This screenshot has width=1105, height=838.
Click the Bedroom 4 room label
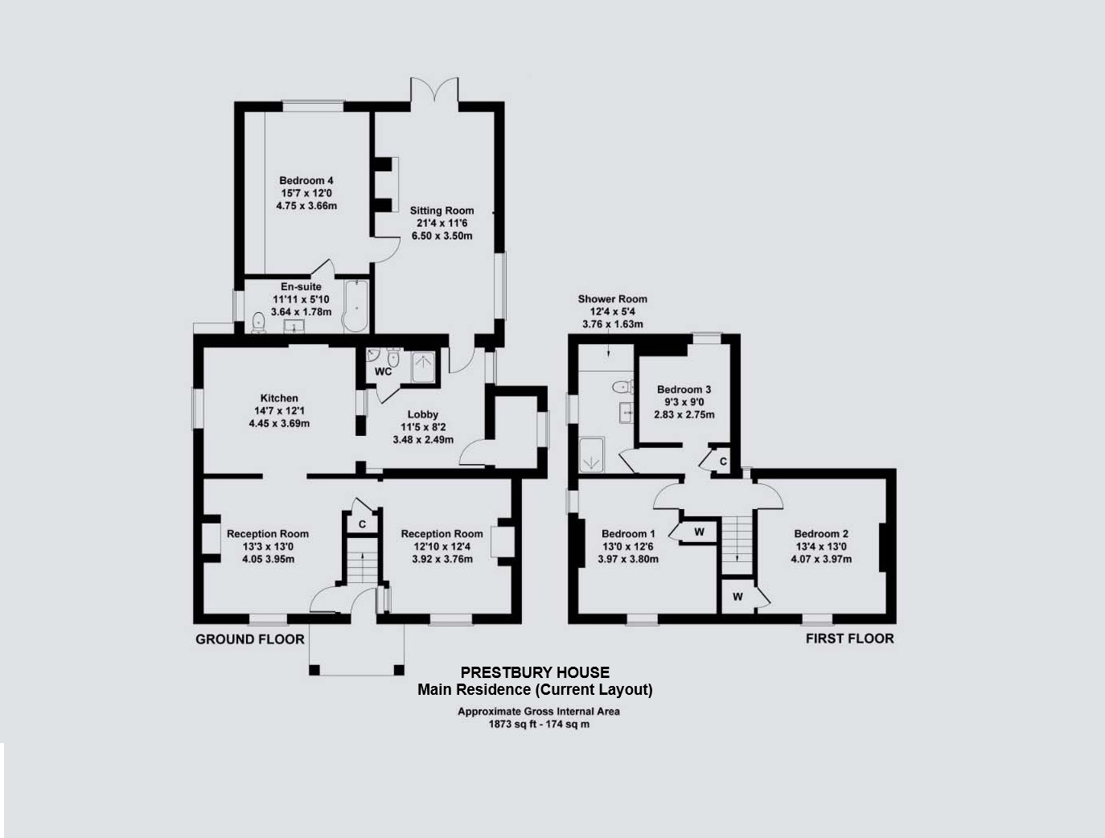(x=306, y=180)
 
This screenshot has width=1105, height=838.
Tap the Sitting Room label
(x=442, y=211)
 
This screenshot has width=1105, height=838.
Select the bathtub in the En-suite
(x=356, y=306)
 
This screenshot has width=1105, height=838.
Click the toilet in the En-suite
(x=258, y=322)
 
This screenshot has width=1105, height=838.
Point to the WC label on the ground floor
(x=383, y=372)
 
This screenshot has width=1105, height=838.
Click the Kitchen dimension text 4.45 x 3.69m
(x=279, y=423)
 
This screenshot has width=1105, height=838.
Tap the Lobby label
(x=423, y=414)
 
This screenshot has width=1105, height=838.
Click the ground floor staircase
(x=363, y=561)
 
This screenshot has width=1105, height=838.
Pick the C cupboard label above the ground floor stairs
(x=362, y=524)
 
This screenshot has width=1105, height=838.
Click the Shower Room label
(x=612, y=299)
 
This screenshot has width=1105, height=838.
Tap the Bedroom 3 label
(x=684, y=389)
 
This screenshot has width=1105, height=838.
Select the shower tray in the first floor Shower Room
(x=591, y=455)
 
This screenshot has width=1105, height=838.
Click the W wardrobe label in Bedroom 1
(x=699, y=532)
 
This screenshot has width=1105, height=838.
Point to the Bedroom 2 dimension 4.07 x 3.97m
(x=821, y=559)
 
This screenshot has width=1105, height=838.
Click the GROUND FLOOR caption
(x=249, y=639)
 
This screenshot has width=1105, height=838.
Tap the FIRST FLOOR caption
(x=850, y=639)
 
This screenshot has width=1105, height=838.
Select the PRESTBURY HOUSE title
(x=535, y=672)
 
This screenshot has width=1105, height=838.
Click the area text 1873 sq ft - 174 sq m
(x=539, y=725)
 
